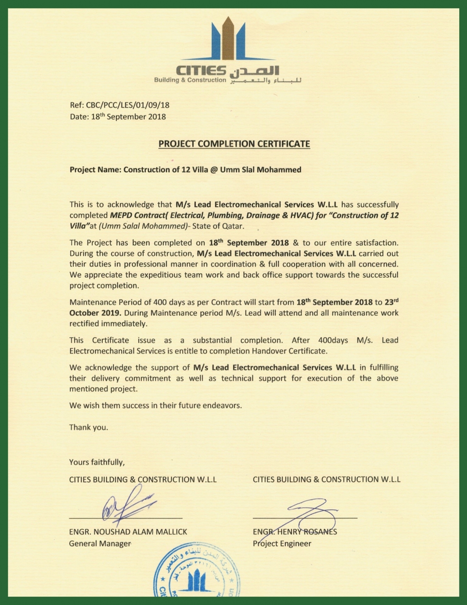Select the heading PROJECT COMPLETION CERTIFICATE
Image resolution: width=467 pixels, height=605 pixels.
point(234,144)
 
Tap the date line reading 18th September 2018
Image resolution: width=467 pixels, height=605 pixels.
point(118,116)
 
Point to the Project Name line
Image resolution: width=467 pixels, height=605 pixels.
point(185,170)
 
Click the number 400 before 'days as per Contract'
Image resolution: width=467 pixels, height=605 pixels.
point(160,302)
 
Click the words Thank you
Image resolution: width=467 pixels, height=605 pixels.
point(88,427)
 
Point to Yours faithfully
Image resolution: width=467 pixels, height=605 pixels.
point(97,463)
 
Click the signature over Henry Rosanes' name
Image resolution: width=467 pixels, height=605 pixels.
point(307,510)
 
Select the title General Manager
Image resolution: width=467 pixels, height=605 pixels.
point(100,543)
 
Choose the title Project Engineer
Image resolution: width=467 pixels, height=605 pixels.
point(282,543)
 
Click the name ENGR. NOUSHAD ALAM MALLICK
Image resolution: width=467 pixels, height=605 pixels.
point(128,531)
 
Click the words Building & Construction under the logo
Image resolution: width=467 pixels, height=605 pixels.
point(190,80)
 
